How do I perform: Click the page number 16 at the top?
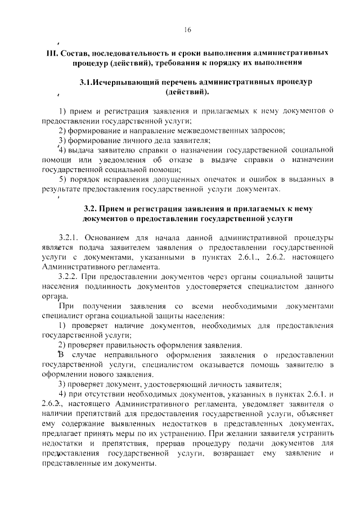point(187,30)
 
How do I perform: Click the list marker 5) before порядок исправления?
point(63,179)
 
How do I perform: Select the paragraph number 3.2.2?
point(71,277)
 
